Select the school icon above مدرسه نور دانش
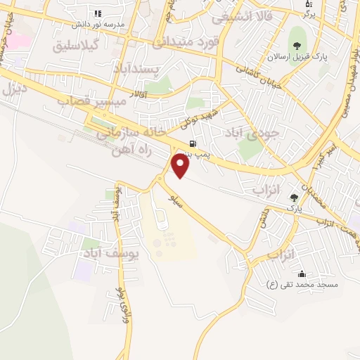point(97,13)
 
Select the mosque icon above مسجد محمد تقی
point(302,274)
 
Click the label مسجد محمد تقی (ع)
point(302,285)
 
